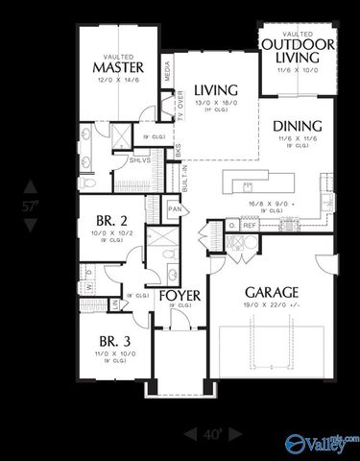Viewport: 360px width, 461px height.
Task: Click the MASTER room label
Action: (x=118, y=67)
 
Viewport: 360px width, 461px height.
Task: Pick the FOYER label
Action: (x=179, y=295)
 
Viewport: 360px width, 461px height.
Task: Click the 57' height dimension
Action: (x=31, y=205)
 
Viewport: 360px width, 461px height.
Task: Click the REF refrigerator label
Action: (x=249, y=227)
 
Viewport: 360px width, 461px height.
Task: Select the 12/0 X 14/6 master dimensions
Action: (x=118, y=80)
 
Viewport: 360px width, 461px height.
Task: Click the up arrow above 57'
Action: (x=31, y=184)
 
